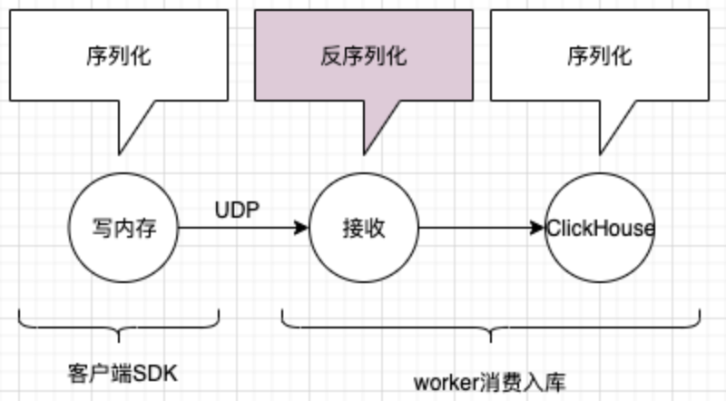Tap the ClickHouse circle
(x=600, y=228)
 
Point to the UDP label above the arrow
(x=238, y=210)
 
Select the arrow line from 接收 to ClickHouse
(x=472, y=229)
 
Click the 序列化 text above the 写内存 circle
(x=119, y=57)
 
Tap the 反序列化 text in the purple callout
(x=363, y=57)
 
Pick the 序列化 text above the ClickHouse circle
(x=600, y=57)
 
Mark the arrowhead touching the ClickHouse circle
(x=539, y=229)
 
